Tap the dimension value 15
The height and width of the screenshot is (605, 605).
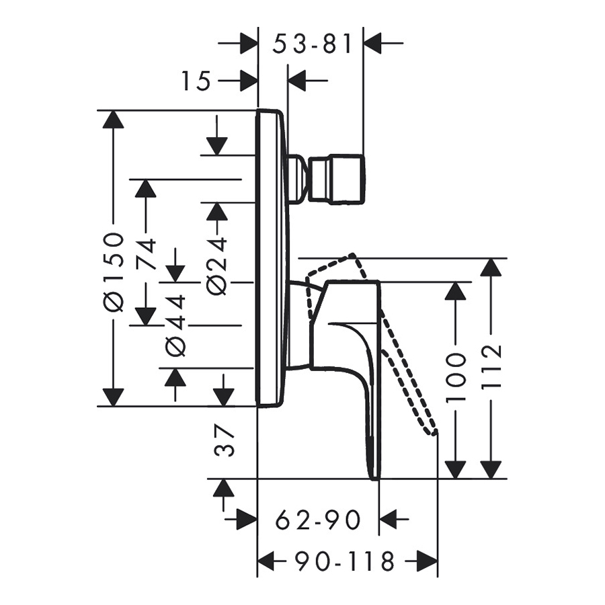[x=196, y=81]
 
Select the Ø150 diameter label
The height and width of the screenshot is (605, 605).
[x=115, y=271]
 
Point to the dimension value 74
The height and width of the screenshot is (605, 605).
[x=147, y=254]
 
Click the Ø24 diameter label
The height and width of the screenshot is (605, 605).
[x=216, y=266]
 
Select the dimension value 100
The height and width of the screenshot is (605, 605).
[x=456, y=376]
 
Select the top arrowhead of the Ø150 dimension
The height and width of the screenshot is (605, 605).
[x=115, y=120]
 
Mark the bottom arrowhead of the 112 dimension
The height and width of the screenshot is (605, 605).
[x=492, y=469]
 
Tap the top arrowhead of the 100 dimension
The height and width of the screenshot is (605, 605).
[x=456, y=291]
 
